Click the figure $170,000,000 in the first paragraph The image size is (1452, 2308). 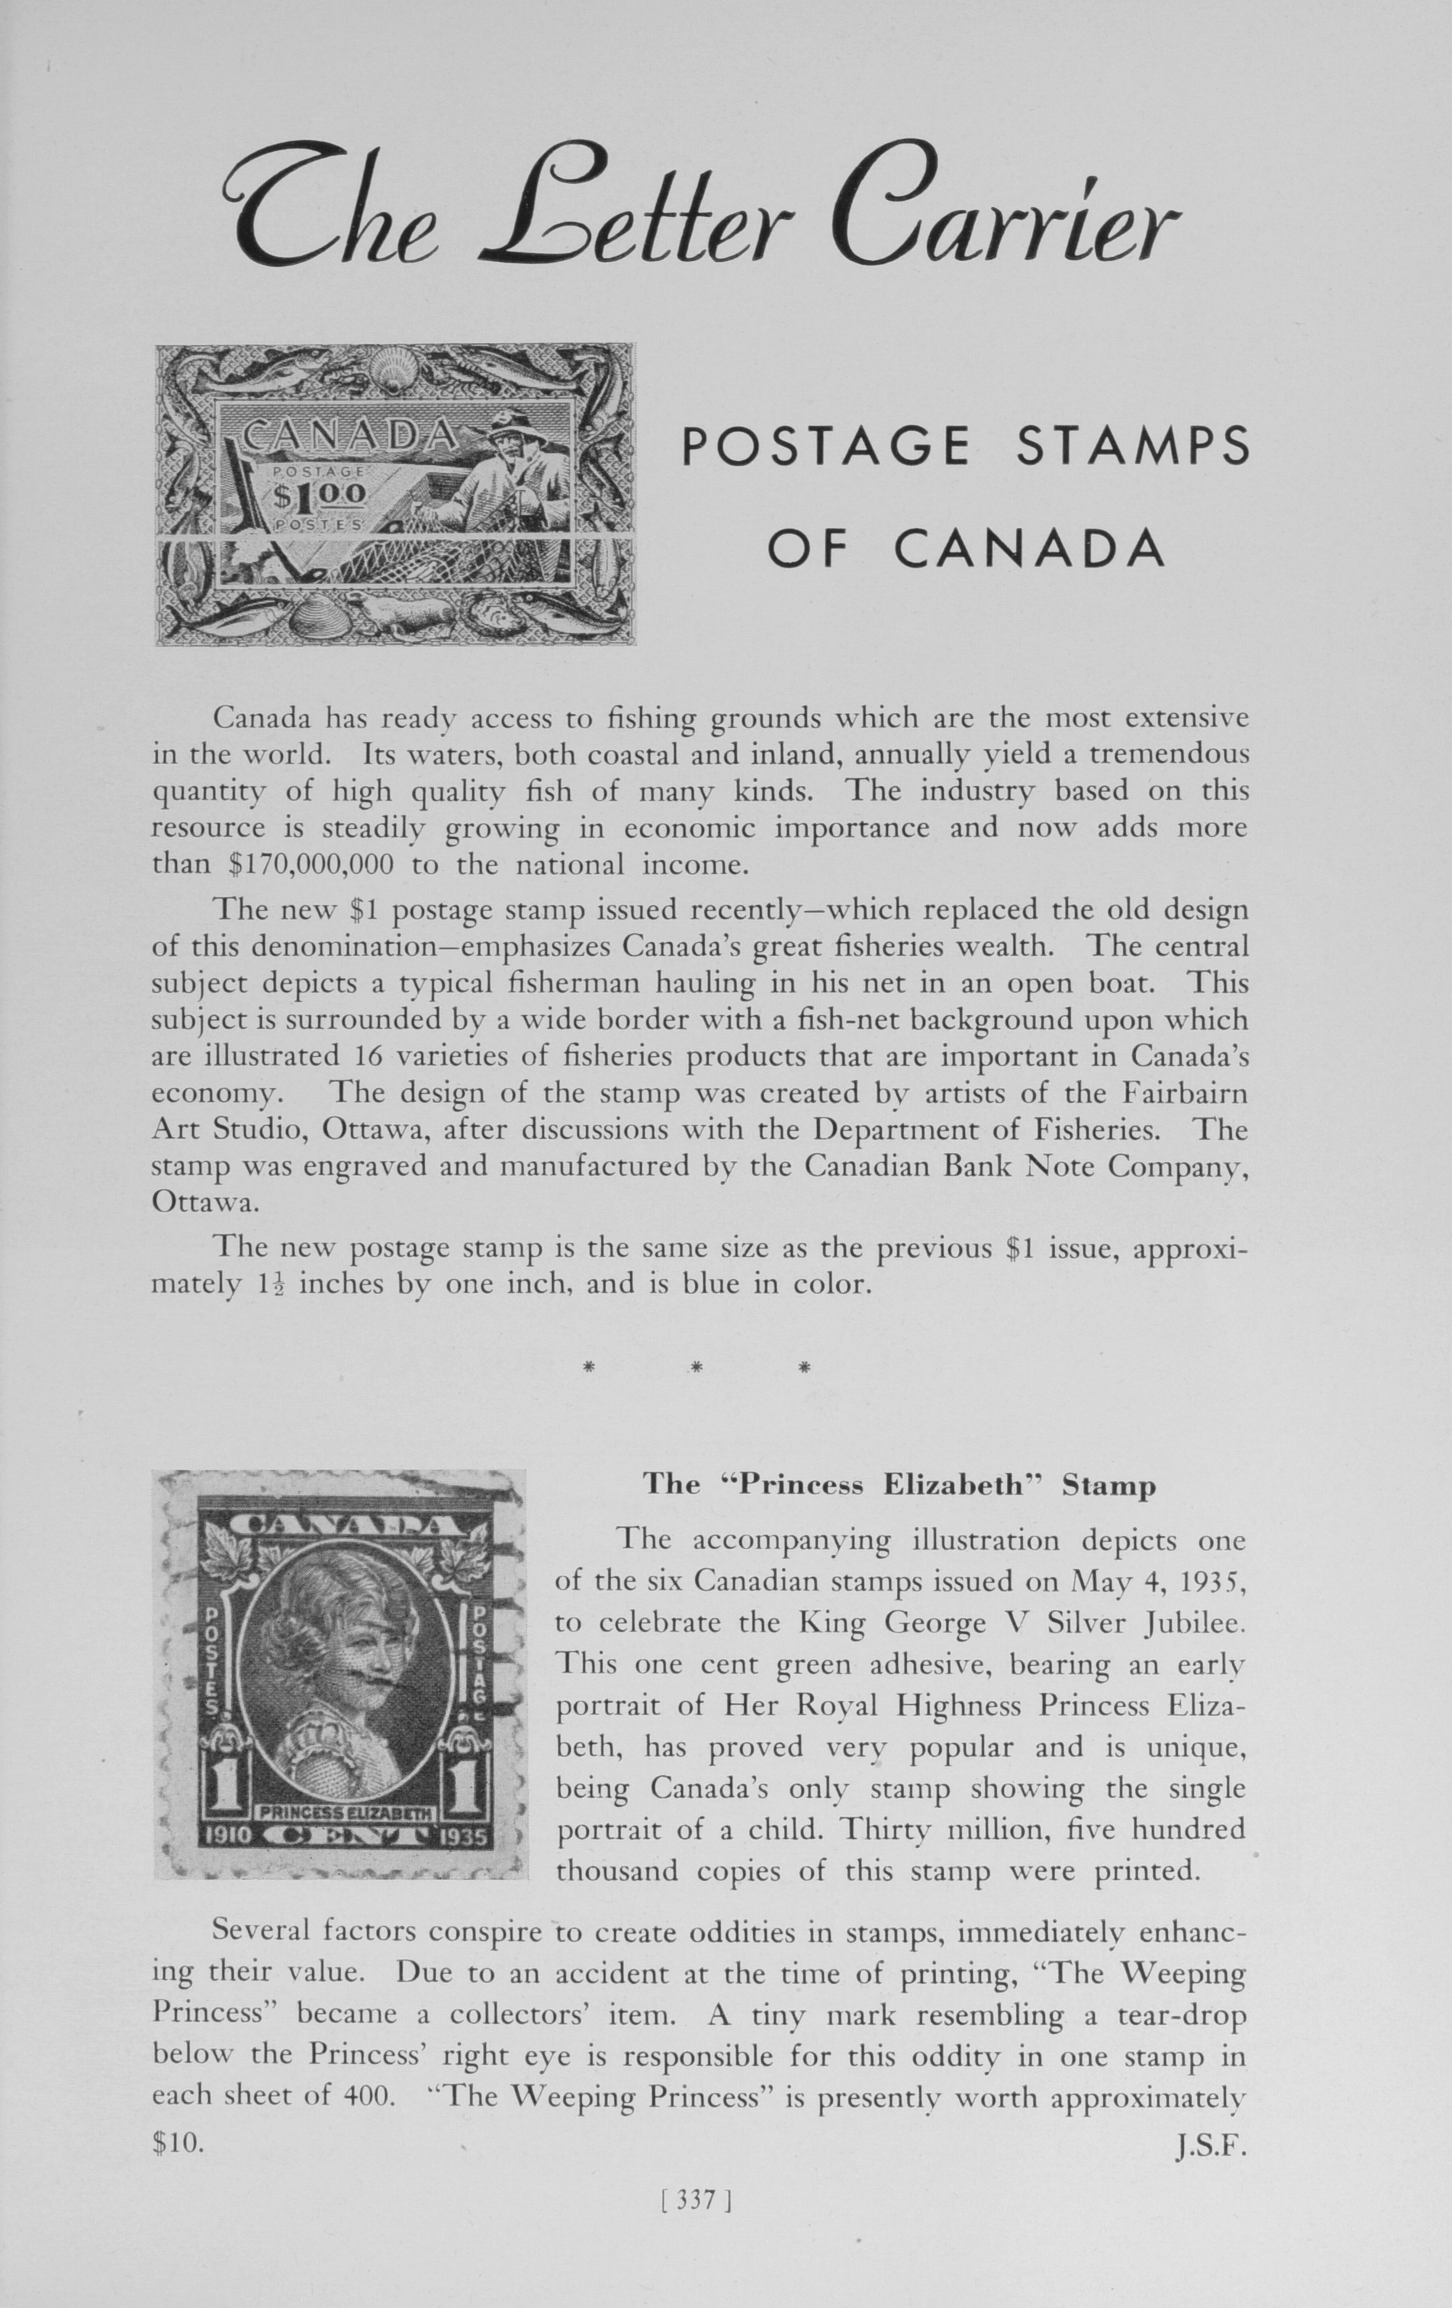pos(312,864)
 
